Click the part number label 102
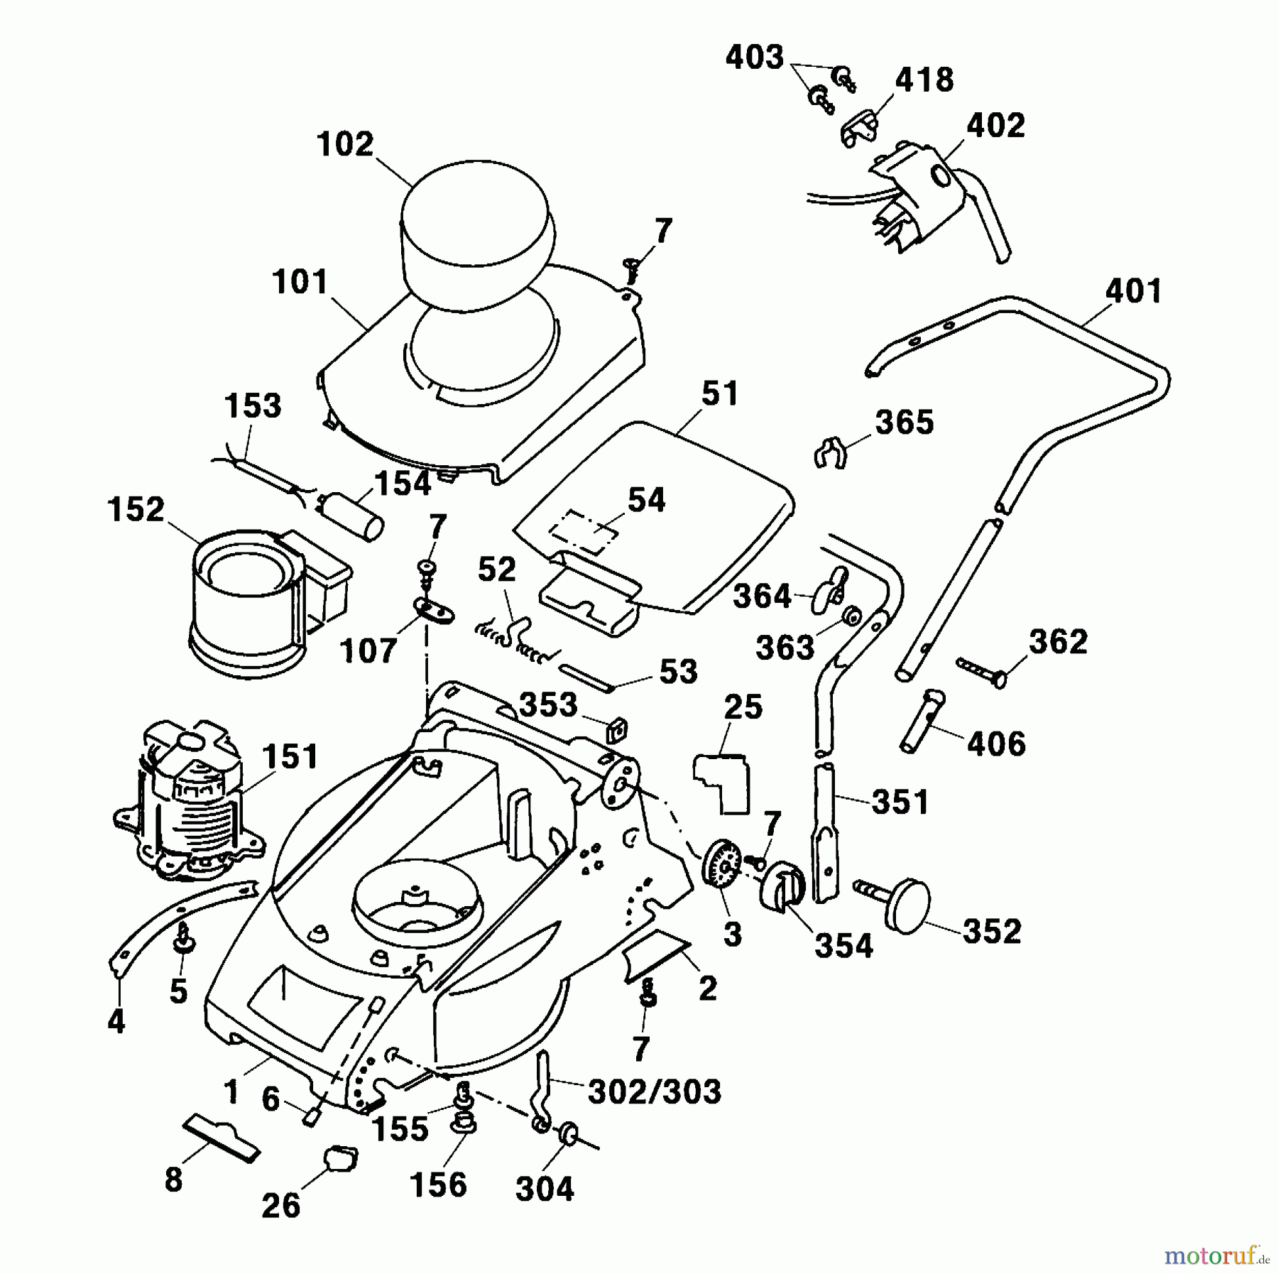[345, 145]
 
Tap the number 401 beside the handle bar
[1133, 291]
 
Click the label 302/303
[654, 1091]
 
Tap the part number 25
[743, 707]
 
